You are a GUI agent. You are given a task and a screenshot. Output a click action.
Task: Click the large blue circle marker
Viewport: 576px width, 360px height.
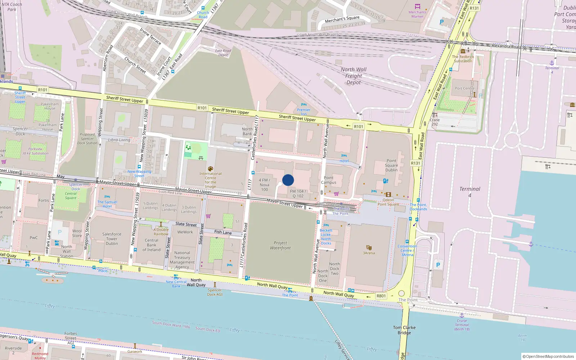click(x=288, y=180)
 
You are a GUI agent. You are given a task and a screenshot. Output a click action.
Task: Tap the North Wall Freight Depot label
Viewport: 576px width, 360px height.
click(x=354, y=76)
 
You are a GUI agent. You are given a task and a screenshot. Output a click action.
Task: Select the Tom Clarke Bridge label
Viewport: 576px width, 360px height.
click(x=404, y=330)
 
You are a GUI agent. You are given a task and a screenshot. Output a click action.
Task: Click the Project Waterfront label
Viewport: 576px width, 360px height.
click(x=280, y=245)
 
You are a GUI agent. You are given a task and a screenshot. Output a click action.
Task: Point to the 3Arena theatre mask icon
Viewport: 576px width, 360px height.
click(x=369, y=248)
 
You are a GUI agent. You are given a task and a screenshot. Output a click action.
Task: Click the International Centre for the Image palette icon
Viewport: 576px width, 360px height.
click(x=211, y=168)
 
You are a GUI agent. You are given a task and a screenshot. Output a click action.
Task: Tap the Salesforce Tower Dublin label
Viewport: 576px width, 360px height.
click(x=112, y=239)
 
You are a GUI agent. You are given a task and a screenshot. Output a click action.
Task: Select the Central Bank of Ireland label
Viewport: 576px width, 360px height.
click(x=152, y=245)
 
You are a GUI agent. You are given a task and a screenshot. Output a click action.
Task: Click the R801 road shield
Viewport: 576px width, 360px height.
click(x=381, y=296)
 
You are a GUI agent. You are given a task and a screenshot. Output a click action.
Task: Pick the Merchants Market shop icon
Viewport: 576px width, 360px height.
click(x=417, y=6)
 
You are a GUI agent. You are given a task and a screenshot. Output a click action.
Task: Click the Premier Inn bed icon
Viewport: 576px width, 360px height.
click(x=303, y=105)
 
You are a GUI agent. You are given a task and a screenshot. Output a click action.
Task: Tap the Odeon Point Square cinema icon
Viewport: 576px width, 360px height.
click(x=388, y=195)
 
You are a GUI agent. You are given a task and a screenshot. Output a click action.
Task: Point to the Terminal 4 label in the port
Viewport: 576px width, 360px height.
click(x=469, y=192)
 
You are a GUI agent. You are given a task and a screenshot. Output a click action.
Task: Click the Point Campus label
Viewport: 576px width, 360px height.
click(x=328, y=180)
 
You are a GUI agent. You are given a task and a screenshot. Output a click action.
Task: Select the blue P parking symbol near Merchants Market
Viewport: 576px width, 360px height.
click(x=441, y=22)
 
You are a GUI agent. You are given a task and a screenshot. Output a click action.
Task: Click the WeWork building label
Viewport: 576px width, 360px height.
click(x=185, y=232)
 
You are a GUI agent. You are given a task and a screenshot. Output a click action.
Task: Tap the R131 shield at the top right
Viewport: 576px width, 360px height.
click(x=474, y=8)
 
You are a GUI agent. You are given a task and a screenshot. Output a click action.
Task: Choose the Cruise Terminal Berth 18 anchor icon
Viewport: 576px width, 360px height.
click(x=462, y=315)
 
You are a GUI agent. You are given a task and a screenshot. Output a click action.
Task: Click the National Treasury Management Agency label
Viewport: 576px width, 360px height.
click(x=182, y=260)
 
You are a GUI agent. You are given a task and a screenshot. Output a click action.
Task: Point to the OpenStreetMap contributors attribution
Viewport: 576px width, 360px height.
click(x=550, y=356)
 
